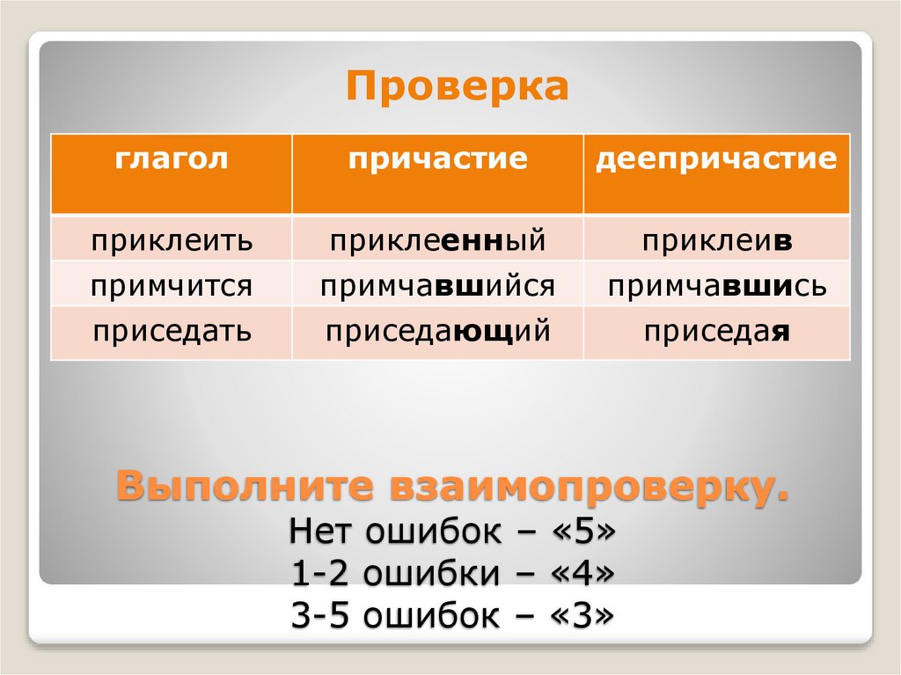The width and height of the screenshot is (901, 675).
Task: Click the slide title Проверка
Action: (458, 88)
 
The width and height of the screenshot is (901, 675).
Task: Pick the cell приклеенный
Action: (437, 240)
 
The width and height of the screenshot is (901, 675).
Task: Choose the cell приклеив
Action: (717, 240)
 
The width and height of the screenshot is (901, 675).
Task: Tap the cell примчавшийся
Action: (437, 286)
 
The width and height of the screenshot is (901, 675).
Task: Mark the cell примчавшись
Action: (717, 286)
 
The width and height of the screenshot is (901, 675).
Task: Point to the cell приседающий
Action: (437, 332)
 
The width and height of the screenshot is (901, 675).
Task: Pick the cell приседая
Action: (717, 332)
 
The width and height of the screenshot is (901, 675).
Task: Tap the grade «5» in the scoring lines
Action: (578, 532)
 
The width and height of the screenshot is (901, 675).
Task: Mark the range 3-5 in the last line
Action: (319, 614)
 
